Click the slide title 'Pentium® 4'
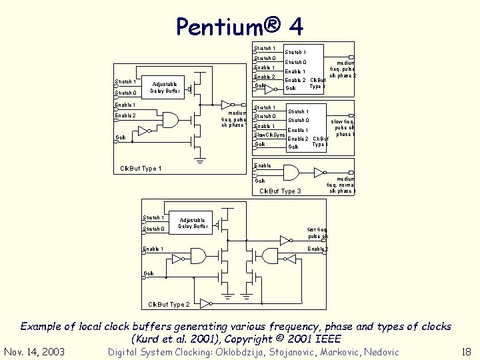point(239,26)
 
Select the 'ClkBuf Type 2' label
point(169,305)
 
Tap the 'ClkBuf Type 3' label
point(280,191)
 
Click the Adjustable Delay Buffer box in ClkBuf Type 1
point(164,87)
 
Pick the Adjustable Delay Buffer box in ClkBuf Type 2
point(193,223)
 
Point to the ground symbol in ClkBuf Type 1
point(199,159)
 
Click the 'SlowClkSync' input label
point(270,135)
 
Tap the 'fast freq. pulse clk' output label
point(317,233)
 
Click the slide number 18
point(466,352)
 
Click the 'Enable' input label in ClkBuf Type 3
point(263,165)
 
